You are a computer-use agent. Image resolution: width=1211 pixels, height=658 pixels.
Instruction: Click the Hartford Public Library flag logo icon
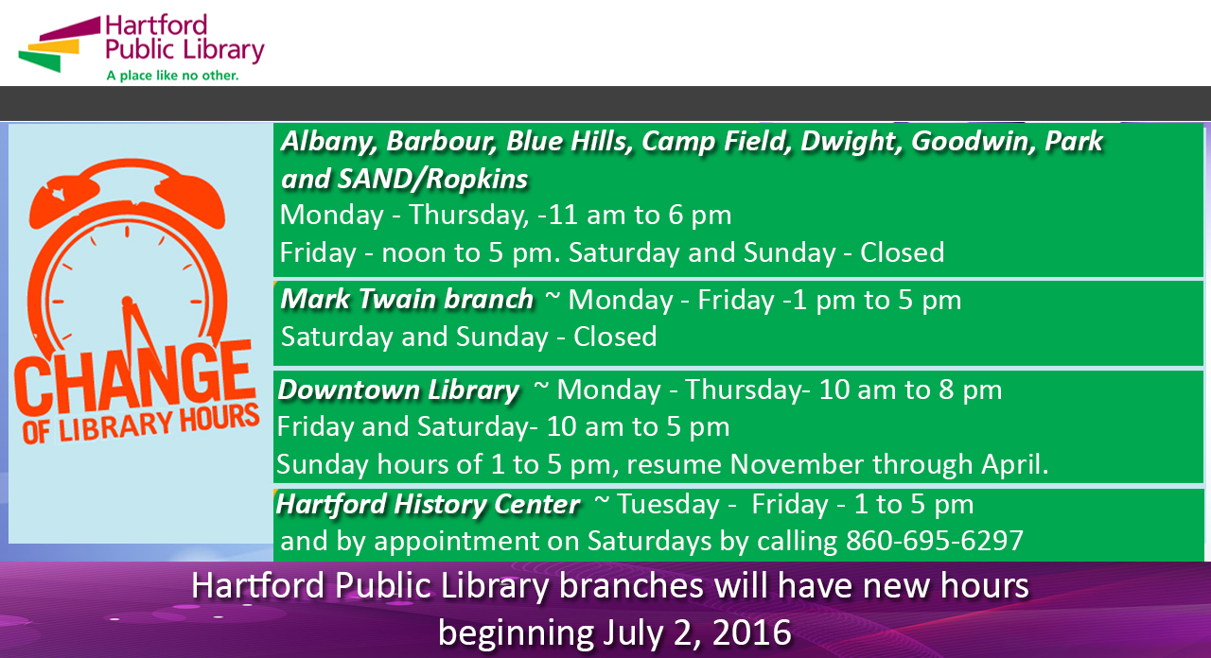[x=60, y=44]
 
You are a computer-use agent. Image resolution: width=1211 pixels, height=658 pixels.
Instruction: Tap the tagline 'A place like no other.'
[x=172, y=76]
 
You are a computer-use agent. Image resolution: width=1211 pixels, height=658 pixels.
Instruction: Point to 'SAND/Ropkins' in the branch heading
[x=432, y=180]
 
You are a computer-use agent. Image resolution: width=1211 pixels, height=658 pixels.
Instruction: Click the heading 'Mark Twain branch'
[x=407, y=300]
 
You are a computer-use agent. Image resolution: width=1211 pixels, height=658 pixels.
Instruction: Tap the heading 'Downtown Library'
[x=398, y=390]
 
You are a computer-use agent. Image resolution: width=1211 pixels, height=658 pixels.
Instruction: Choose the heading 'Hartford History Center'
[x=428, y=505]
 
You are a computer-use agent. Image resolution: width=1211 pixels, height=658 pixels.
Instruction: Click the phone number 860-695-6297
[x=935, y=541]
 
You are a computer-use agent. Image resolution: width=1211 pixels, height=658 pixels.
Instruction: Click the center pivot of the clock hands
[x=128, y=301]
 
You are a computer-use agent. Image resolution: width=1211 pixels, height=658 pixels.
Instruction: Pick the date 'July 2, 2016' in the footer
[x=697, y=633]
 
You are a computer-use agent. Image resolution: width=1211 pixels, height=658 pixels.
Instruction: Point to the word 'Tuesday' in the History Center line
[x=668, y=505]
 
